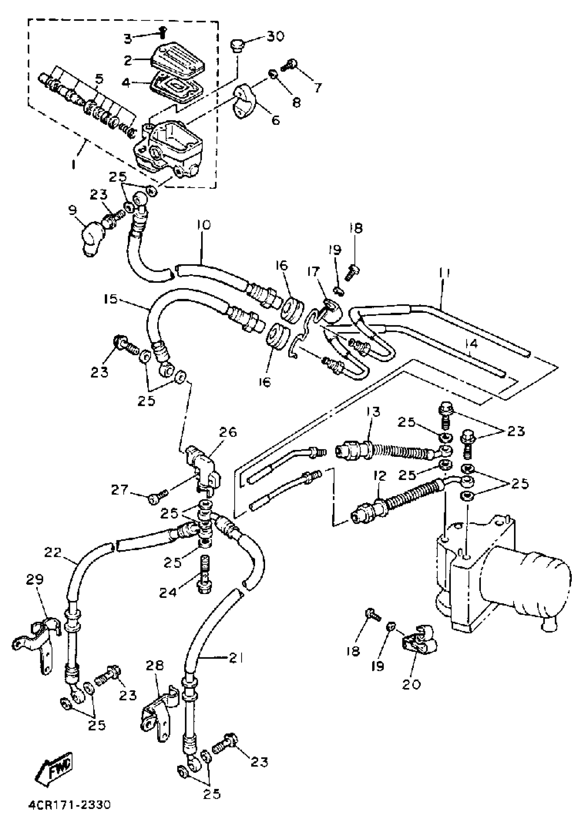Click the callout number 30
(x=275, y=37)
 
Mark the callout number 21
(x=236, y=658)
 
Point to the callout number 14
(x=472, y=344)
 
